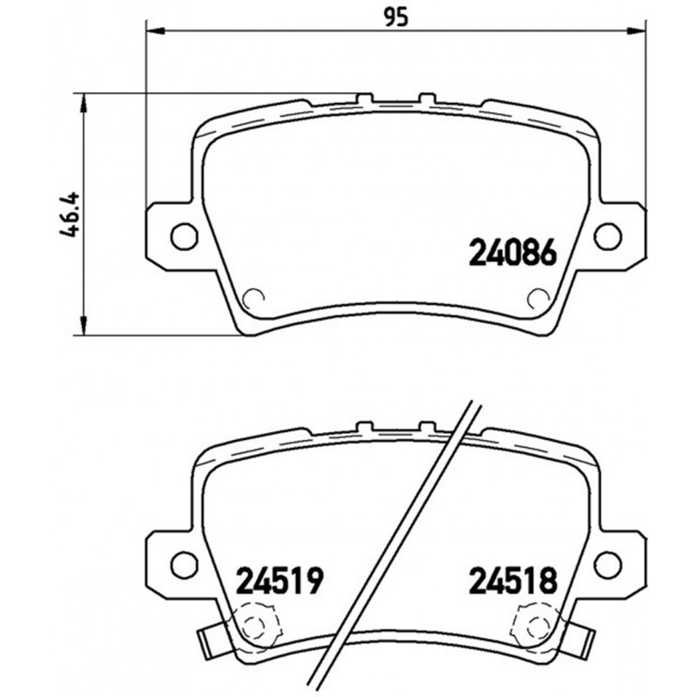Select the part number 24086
point(512,253)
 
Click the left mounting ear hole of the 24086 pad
point(183,234)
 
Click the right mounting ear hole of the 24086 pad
point(606,234)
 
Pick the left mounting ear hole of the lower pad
point(183,564)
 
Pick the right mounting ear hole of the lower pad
point(606,564)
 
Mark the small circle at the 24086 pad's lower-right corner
point(538,299)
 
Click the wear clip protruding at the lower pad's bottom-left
point(210,642)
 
